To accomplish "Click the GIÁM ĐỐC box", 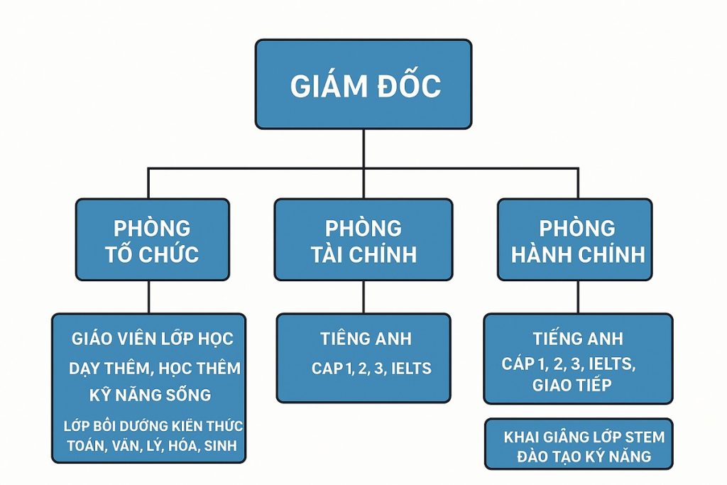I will point(363,85).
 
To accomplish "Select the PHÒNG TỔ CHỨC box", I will point(152,240).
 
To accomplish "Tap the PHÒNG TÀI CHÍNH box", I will point(363,240).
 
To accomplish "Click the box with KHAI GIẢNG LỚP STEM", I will point(578,445).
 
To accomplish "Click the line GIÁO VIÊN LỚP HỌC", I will point(152,339).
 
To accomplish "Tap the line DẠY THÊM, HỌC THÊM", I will point(154,368).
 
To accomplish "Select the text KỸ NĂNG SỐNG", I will point(150,394).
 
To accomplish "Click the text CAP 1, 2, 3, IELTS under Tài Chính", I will point(371,369).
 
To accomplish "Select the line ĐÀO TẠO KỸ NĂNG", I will point(576,455).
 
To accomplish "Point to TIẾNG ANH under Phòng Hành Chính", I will point(577,339).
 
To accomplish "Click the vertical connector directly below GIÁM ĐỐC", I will point(363,149).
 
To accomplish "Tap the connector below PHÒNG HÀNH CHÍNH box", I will point(576,297).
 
